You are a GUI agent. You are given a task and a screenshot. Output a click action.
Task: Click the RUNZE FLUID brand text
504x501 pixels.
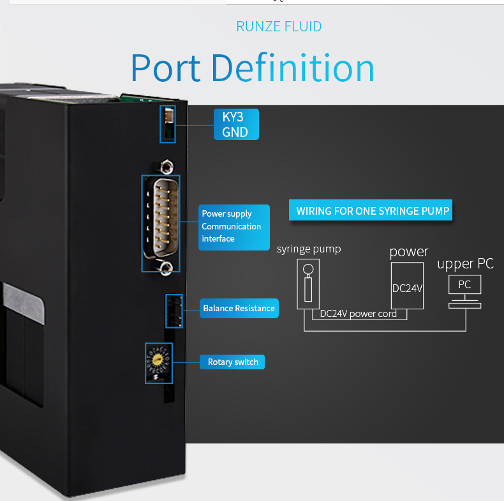tap(279, 26)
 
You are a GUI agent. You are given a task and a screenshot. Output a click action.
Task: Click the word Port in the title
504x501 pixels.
tap(166, 68)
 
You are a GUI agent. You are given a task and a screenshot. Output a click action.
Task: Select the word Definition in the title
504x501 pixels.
tap(293, 67)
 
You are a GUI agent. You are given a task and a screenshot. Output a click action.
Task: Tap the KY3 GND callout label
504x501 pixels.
tap(236, 124)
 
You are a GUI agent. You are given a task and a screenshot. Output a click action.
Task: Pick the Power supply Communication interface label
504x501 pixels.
tap(234, 227)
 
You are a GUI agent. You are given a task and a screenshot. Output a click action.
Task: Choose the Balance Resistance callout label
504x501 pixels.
tap(239, 308)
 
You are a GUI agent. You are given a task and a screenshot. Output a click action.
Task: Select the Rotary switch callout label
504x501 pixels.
tap(232, 362)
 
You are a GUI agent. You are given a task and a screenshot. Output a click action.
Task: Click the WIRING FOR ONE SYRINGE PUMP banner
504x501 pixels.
tap(370, 210)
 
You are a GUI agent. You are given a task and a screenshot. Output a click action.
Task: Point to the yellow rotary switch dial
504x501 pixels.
tap(157, 359)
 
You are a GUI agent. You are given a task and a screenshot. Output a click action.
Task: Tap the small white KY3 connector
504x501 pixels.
tap(170, 115)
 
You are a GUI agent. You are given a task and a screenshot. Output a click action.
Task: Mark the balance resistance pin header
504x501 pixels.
tap(174, 311)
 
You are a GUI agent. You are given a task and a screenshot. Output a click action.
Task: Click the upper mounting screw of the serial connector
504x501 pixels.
tap(166, 167)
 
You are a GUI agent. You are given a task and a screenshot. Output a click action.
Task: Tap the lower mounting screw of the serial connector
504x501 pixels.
tap(166, 268)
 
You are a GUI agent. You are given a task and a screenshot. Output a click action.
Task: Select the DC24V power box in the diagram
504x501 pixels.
tap(407, 286)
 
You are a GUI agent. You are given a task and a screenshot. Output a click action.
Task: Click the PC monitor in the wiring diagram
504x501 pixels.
tap(465, 284)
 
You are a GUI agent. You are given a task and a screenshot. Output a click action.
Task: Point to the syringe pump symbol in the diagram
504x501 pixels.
tap(308, 284)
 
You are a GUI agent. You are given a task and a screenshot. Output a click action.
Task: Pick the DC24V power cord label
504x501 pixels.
tap(358, 314)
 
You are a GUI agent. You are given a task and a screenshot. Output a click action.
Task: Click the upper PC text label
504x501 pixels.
tap(465, 264)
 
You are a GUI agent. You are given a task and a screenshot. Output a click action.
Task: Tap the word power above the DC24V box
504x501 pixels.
tap(409, 252)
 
